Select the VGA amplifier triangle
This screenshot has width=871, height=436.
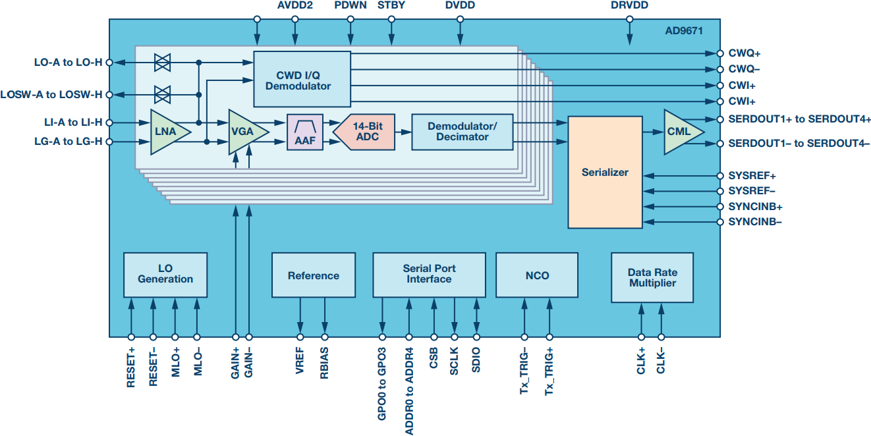click(x=245, y=132)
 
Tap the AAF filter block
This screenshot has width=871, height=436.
click(x=304, y=132)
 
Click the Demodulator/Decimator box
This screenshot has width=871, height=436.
click(x=462, y=132)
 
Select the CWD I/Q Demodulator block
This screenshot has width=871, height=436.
click(x=302, y=78)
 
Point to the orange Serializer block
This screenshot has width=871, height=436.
click(x=605, y=173)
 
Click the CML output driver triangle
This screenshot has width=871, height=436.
click(x=680, y=132)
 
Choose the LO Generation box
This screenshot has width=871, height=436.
click(x=165, y=274)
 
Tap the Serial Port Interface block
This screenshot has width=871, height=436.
click(x=429, y=274)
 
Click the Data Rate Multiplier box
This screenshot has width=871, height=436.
click(x=652, y=277)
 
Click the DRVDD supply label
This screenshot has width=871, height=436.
click(x=629, y=5)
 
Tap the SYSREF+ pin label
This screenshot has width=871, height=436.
click(x=751, y=177)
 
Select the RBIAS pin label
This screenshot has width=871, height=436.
click(x=324, y=362)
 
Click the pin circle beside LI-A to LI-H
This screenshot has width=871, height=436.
click(x=109, y=123)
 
